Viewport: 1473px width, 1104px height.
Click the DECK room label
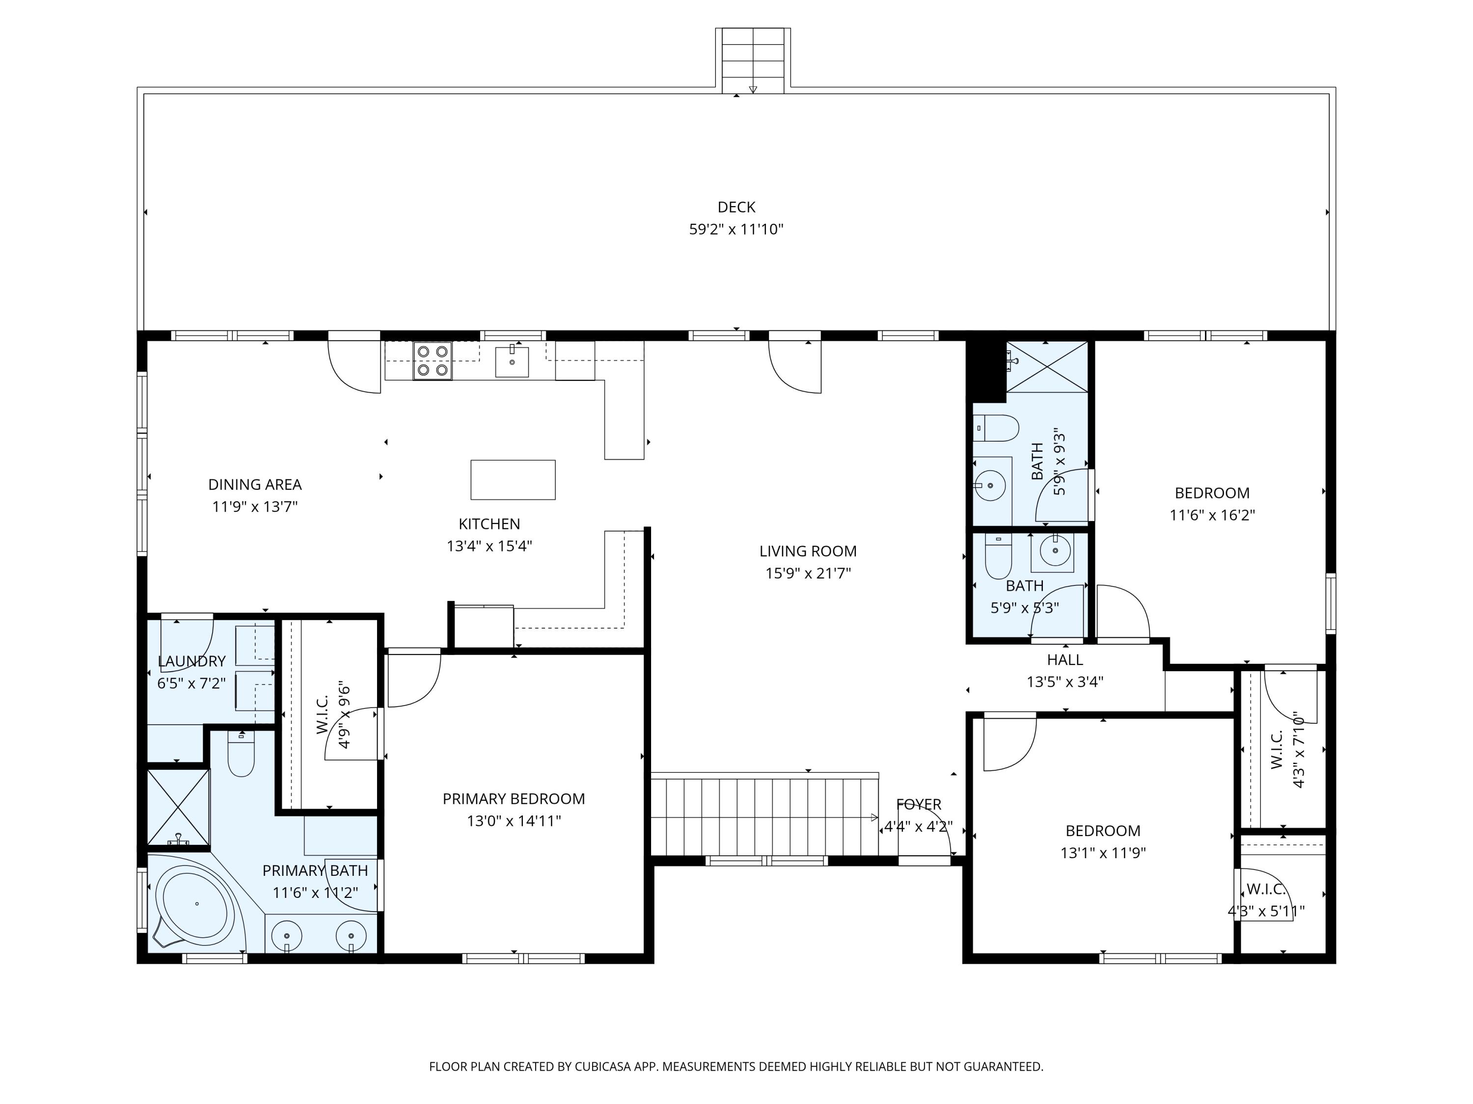pos(736,207)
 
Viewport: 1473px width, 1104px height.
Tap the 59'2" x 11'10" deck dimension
pos(736,230)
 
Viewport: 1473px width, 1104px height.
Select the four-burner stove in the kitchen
pos(432,361)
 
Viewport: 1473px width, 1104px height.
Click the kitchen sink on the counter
pos(512,361)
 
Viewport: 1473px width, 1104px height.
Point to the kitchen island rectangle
pos(513,480)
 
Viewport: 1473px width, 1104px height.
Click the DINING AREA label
pos(255,484)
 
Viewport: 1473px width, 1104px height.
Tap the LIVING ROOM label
pos(808,551)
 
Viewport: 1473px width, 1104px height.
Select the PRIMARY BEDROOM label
pos(514,798)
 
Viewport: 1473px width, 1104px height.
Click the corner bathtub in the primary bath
pos(196,902)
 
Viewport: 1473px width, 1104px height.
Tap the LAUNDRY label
pos(192,661)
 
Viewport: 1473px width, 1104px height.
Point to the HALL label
pos(1065,659)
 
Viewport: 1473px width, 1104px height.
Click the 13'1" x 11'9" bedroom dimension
pos(1103,852)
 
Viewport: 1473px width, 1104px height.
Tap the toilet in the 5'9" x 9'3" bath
pos(996,428)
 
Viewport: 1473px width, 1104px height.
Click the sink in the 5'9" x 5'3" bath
pos(1052,552)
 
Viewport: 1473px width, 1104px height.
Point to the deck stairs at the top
pos(753,60)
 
